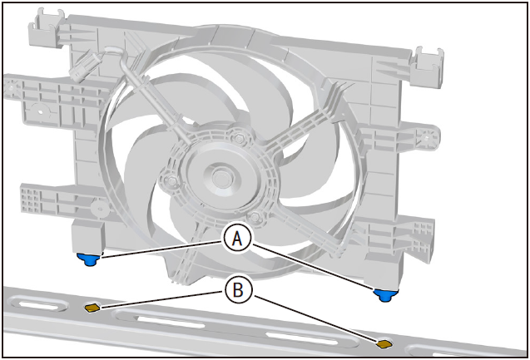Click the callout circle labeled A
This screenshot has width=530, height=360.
(x=238, y=239)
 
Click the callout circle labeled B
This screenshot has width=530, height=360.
(x=238, y=289)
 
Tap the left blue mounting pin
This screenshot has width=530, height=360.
(x=88, y=259)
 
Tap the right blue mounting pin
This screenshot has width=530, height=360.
(x=385, y=295)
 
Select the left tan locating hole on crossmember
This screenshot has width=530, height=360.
(x=92, y=308)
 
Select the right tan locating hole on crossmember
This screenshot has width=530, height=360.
(x=384, y=344)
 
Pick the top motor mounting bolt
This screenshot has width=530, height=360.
(x=239, y=137)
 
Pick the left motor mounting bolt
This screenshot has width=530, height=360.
(x=171, y=182)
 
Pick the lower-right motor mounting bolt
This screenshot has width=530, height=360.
(x=255, y=215)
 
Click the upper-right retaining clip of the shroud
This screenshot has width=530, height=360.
(x=428, y=66)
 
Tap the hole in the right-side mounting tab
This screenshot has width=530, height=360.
(x=426, y=138)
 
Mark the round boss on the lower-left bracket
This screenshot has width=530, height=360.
(x=100, y=209)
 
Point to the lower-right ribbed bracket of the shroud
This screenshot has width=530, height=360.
(x=400, y=236)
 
